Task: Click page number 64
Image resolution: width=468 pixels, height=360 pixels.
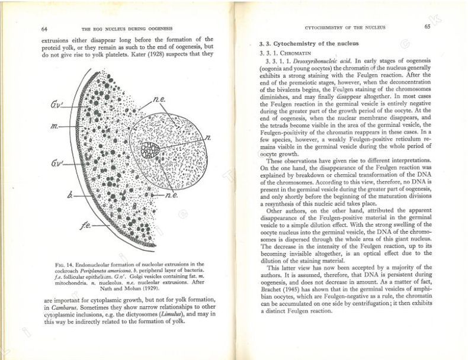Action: pos(44,28)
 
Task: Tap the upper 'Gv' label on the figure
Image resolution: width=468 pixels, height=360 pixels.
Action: pos(57,104)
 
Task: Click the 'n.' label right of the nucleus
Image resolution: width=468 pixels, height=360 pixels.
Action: pos(207,138)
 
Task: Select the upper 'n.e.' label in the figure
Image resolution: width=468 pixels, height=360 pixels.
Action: pos(159,101)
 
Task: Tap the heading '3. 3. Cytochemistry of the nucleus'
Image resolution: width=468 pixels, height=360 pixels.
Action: pos(310,45)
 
